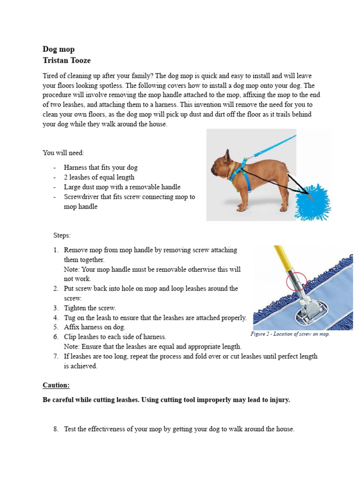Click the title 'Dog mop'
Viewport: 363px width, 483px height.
[59, 49]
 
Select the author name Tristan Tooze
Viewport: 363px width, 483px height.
[67, 60]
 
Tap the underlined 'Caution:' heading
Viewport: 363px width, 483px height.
[56, 385]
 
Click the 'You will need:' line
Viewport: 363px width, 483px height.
[63, 153]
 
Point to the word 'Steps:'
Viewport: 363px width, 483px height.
[62, 235]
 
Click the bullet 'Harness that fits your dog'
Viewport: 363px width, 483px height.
[101, 167]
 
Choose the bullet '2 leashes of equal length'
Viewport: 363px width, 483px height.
[99, 177]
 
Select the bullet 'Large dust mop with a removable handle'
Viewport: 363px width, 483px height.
[122, 187]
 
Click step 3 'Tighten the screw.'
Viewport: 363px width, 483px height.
[90, 308]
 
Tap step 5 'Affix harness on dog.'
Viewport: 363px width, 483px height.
[95, 327]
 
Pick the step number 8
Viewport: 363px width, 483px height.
[55, 429]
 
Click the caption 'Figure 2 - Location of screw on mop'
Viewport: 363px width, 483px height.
[290, 334]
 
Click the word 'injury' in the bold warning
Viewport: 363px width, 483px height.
[278, 400]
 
